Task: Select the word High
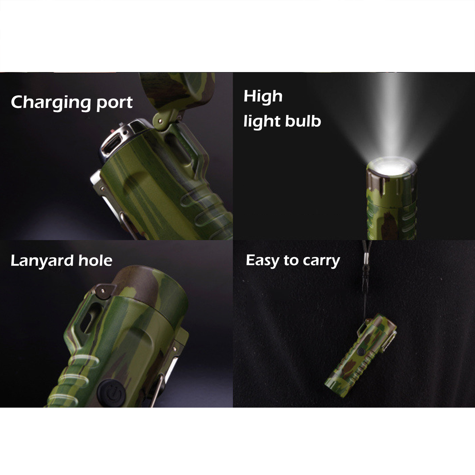tap(263, 97)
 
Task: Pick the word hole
tap(95, 260)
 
